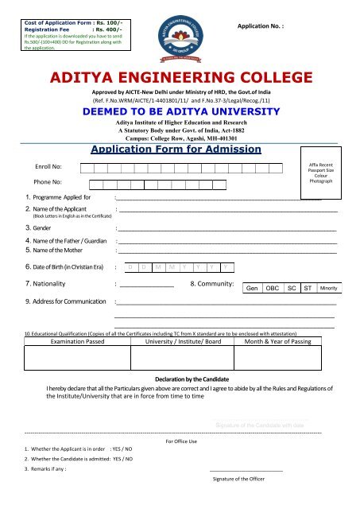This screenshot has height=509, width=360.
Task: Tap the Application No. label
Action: (261, 26)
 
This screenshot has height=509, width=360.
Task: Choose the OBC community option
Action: (272, 288)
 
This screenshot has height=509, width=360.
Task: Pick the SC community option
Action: (292, 288)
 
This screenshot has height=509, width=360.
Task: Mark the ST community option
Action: (307, 288)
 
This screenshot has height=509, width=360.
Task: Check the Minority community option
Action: (328, 288)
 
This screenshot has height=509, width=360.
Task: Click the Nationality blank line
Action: (147, 284)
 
